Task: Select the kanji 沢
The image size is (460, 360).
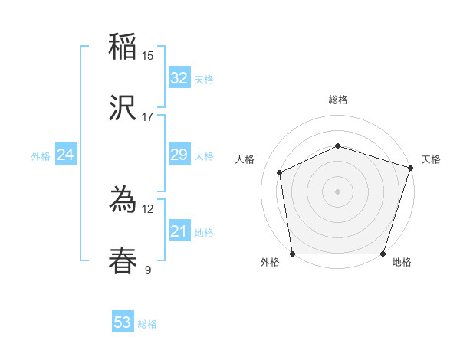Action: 123,110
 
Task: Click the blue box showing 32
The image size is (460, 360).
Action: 179,78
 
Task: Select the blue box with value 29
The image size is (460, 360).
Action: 179,155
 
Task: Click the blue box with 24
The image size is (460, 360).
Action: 66,155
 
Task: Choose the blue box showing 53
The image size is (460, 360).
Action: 123,322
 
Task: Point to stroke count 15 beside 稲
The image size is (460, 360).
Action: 148,55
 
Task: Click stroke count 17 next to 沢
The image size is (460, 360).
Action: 148,117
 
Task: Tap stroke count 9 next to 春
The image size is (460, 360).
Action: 148,270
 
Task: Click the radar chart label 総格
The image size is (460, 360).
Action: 338,100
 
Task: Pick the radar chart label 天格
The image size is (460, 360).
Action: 431,159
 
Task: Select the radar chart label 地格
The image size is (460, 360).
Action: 402,263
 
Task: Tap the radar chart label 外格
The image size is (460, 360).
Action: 270,263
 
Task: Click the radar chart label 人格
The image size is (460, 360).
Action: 245,159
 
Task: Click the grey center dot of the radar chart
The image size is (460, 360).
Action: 337,191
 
